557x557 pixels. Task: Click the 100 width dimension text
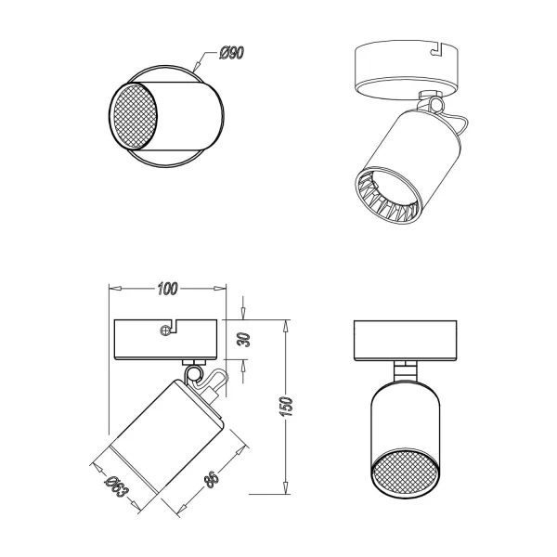pos(167,289)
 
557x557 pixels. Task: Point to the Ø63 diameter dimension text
pos(116,486)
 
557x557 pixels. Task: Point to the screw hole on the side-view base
pos(166,329)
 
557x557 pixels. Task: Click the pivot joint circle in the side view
pos(194,374)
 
